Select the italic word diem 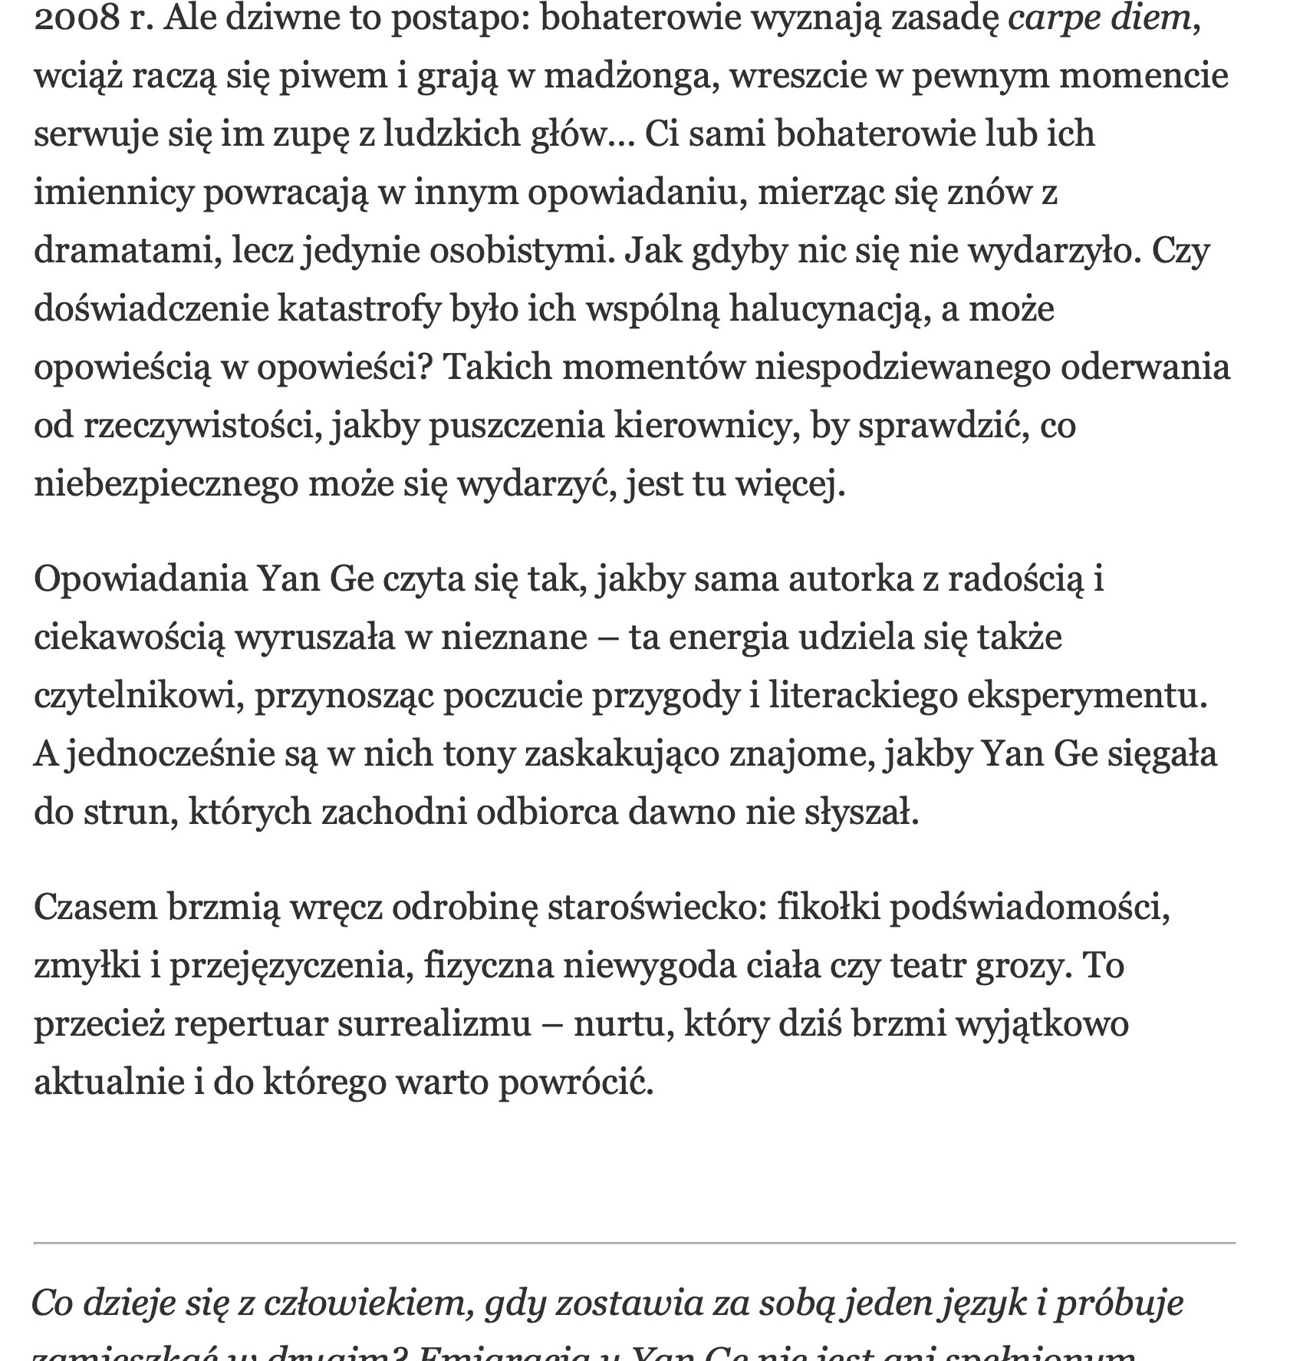[x=1151, y=18]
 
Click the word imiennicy [x=114, y=192]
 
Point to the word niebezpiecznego [x=166, y=483]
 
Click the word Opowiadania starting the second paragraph [x=140, y=578]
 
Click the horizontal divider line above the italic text [x=634, y=1242]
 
